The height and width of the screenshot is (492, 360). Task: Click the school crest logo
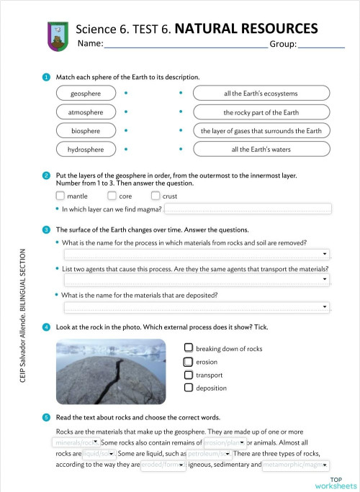tap(57, 35)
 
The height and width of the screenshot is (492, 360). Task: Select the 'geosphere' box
tap(86, 94)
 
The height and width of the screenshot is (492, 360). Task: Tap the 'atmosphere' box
tap(86, 112)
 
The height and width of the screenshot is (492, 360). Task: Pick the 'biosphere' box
tap(86, 131)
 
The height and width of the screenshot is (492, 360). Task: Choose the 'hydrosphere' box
tap(86, 150)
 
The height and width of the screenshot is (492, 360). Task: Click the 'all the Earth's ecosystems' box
tap(261, 94)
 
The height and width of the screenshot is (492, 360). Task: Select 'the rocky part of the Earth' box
tap(261, 112)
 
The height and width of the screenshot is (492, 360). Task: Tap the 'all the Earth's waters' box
tap(261, 150)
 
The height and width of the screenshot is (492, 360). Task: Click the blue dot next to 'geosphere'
tap(125, 94)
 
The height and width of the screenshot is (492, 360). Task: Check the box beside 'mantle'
tap(60, 196)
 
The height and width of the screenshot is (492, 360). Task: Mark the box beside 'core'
tap(112, 196)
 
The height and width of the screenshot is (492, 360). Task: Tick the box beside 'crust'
tap(156, 196)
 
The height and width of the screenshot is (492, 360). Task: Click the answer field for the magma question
tap(248, 209)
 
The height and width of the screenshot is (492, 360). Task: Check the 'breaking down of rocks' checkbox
tap(189, 348)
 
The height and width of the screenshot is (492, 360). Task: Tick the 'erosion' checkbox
tap(189, 362)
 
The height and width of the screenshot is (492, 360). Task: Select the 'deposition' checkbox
tap(189, 388)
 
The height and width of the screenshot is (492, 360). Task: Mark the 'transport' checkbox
tap(189, 375)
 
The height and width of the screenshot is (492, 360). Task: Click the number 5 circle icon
tap(47, 417)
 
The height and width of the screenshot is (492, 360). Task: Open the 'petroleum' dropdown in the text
tap(209, 455)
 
